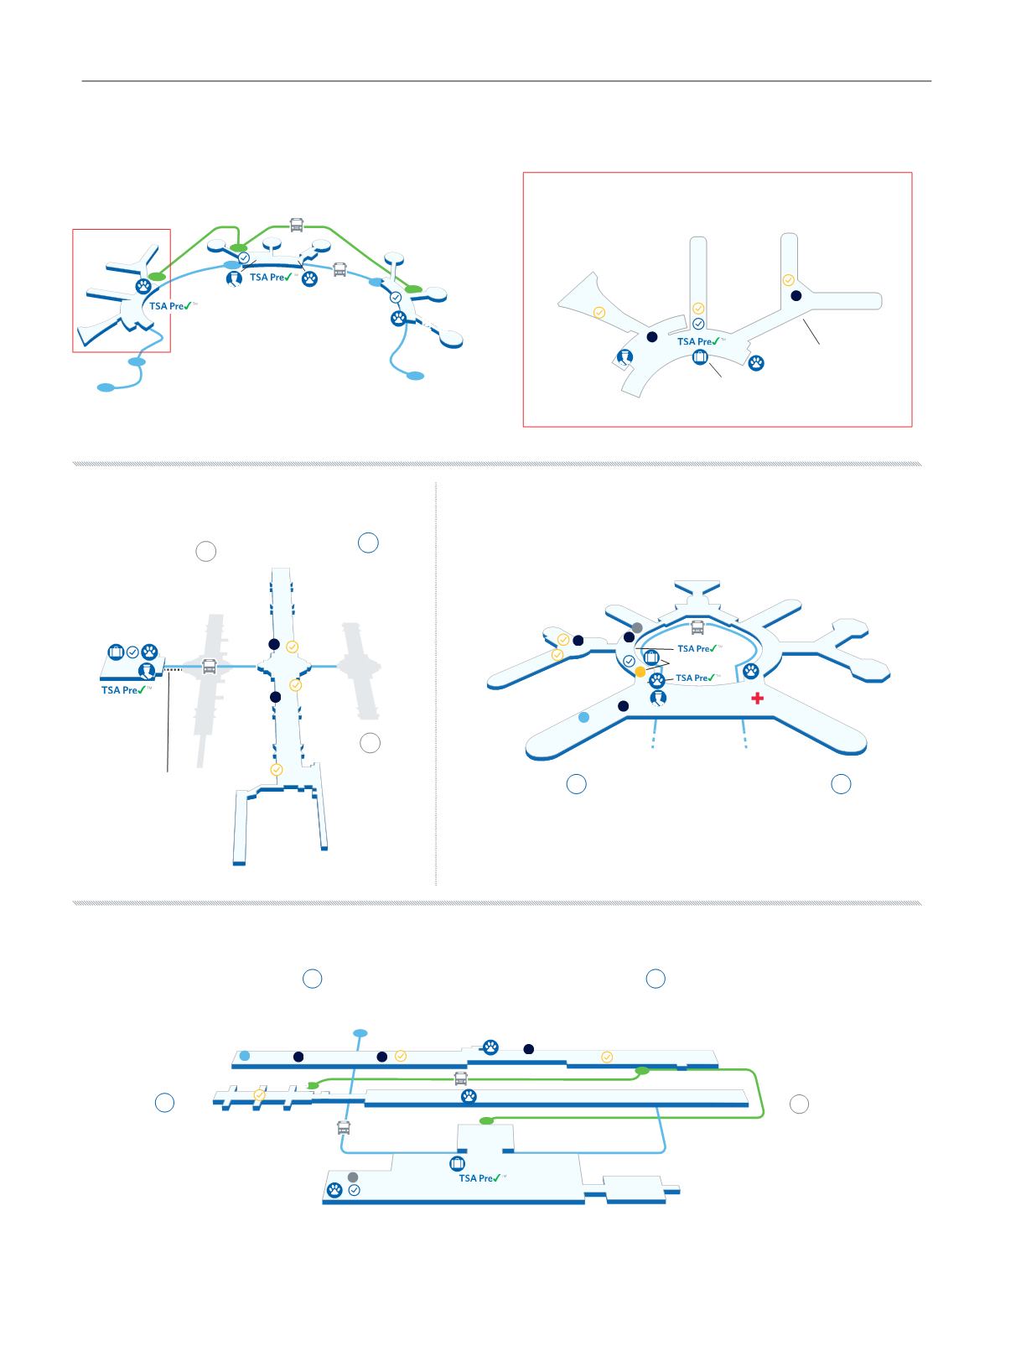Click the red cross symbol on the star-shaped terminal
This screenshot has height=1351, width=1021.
(757, 698)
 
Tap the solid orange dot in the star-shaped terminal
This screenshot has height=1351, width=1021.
(640, 672)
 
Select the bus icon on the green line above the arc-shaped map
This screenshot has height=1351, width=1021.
(297, 225)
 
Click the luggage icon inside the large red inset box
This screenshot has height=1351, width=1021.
(700, 356)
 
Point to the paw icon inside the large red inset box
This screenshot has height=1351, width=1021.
(756, 363)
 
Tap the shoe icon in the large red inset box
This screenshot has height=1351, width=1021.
(625, 357)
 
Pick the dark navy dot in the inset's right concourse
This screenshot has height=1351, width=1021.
(796, 295)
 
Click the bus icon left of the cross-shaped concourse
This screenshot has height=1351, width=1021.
(209, 666)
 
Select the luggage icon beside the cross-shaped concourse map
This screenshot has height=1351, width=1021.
(116, 652)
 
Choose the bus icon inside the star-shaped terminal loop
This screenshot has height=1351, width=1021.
(697, 627)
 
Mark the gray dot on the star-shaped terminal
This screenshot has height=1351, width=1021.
(637, 628)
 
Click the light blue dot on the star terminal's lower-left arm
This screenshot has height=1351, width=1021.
(583, 717)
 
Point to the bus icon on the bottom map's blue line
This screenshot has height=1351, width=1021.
(344, 1128)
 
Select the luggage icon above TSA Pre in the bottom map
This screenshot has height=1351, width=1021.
(457, 1163)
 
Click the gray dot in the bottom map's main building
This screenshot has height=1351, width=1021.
(352, 1177)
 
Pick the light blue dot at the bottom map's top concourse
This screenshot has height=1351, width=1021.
(244, 1056)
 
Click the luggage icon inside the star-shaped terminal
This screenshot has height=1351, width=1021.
(651, 657)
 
